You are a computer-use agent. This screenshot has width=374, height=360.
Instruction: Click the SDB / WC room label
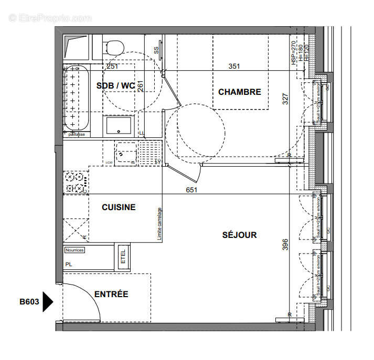[116, 85]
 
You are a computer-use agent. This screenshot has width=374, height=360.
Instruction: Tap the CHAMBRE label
[239, 92]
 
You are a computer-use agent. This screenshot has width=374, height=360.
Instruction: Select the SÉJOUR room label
[239, 235]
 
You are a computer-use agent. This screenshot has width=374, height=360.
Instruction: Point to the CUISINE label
[119, 207]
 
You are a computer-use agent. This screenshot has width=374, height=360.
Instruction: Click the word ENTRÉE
[111, 294]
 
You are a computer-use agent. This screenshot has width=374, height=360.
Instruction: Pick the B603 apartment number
[29, 302]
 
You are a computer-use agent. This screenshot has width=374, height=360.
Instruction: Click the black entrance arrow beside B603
[48, 302]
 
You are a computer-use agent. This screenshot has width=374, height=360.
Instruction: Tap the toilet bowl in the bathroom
[113, 47]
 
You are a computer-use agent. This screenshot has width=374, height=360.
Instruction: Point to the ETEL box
[124, 257]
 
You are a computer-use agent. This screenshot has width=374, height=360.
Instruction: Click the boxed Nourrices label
[74, 250]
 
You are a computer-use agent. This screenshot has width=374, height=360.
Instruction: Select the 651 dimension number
[191, 190]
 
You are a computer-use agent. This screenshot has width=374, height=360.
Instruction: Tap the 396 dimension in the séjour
[285, 245]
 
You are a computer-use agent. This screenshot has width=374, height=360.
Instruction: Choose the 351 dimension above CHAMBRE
[234, 66]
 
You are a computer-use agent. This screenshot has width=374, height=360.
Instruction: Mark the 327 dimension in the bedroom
[285, 99]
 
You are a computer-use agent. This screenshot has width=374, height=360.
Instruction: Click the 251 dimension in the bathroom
[112, 66]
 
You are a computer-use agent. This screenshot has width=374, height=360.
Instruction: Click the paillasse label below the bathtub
[76, 134]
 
